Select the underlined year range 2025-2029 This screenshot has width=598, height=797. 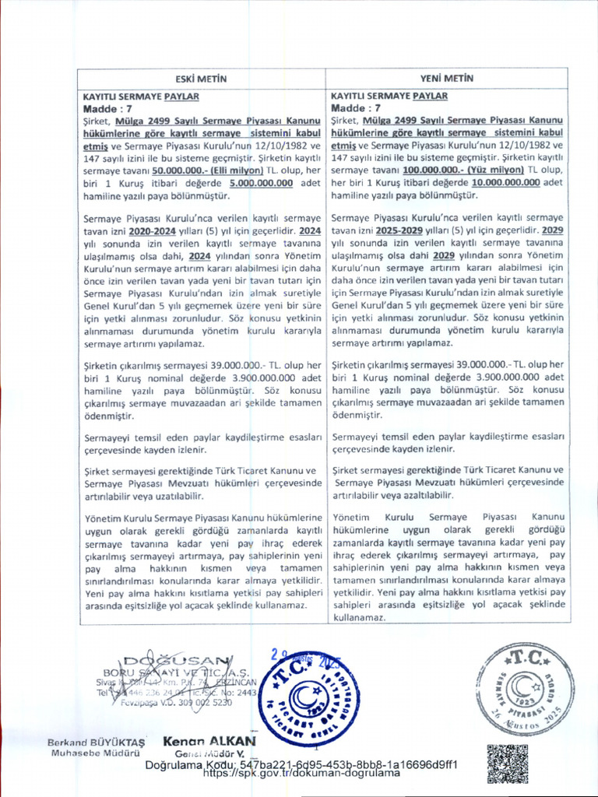tap(403, 232)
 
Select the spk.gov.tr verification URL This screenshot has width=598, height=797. tap(301, 774)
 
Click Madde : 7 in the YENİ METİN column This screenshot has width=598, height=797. tap(356, 108)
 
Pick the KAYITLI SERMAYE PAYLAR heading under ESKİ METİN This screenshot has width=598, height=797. tap(141, 97)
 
